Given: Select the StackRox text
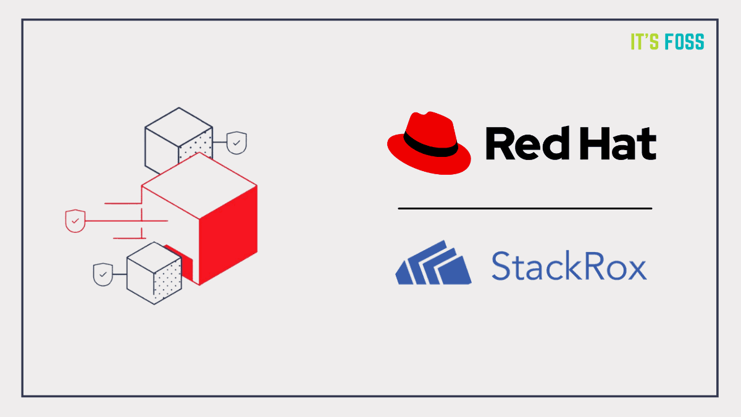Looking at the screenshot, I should tap(568, 266).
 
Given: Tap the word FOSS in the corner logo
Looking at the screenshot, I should tap(685, 41).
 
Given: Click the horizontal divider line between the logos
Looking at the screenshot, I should tap(525, 209).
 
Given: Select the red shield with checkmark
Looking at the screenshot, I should tap(75, 221).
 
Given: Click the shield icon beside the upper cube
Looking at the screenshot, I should tap(237, 143).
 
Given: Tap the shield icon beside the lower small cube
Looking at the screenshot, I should tap(103, 274).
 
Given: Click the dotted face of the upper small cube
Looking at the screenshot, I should tap(196, 148).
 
